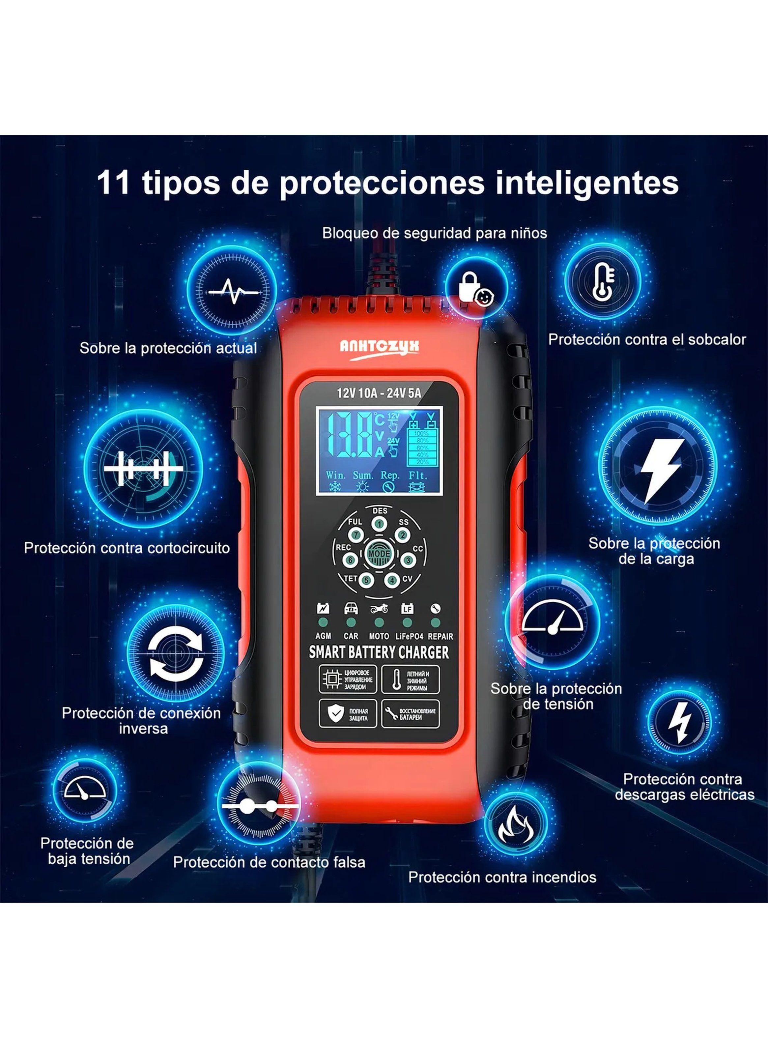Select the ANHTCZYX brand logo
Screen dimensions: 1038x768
tap(379, 346)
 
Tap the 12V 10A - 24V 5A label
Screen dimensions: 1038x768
tap(379, 393)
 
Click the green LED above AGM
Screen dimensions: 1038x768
tap(324, 622)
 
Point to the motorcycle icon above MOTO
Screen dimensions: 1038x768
tap(379, 609)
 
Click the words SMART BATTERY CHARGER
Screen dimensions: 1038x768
tap(379, 652)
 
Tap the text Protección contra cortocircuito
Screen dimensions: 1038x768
tap(127, 548)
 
